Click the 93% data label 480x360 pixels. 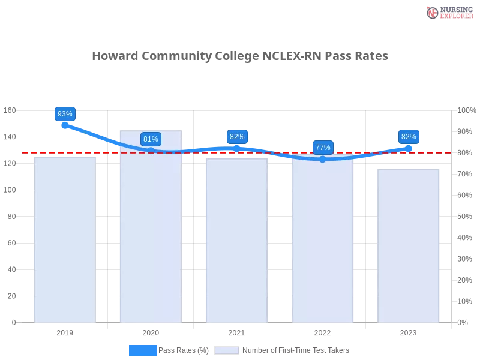[65, 114]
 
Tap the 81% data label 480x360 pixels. [151, 139]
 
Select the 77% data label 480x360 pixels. [323, 147]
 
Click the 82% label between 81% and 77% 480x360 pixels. [237, 137]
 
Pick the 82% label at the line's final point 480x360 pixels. [409, 137]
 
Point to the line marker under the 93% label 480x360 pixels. [64, 125]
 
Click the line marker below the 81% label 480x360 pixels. [151, 150]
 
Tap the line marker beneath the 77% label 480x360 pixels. [323, 159]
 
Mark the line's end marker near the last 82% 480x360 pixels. [409, 147]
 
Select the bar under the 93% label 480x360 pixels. [65, 240]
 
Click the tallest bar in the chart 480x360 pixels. [151, 228]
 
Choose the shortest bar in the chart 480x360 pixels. [409, 246]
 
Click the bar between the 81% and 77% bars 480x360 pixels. [237, 240]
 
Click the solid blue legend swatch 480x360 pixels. [142, 350]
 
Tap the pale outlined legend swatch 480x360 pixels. [227, 350]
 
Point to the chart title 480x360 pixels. [240, 56]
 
